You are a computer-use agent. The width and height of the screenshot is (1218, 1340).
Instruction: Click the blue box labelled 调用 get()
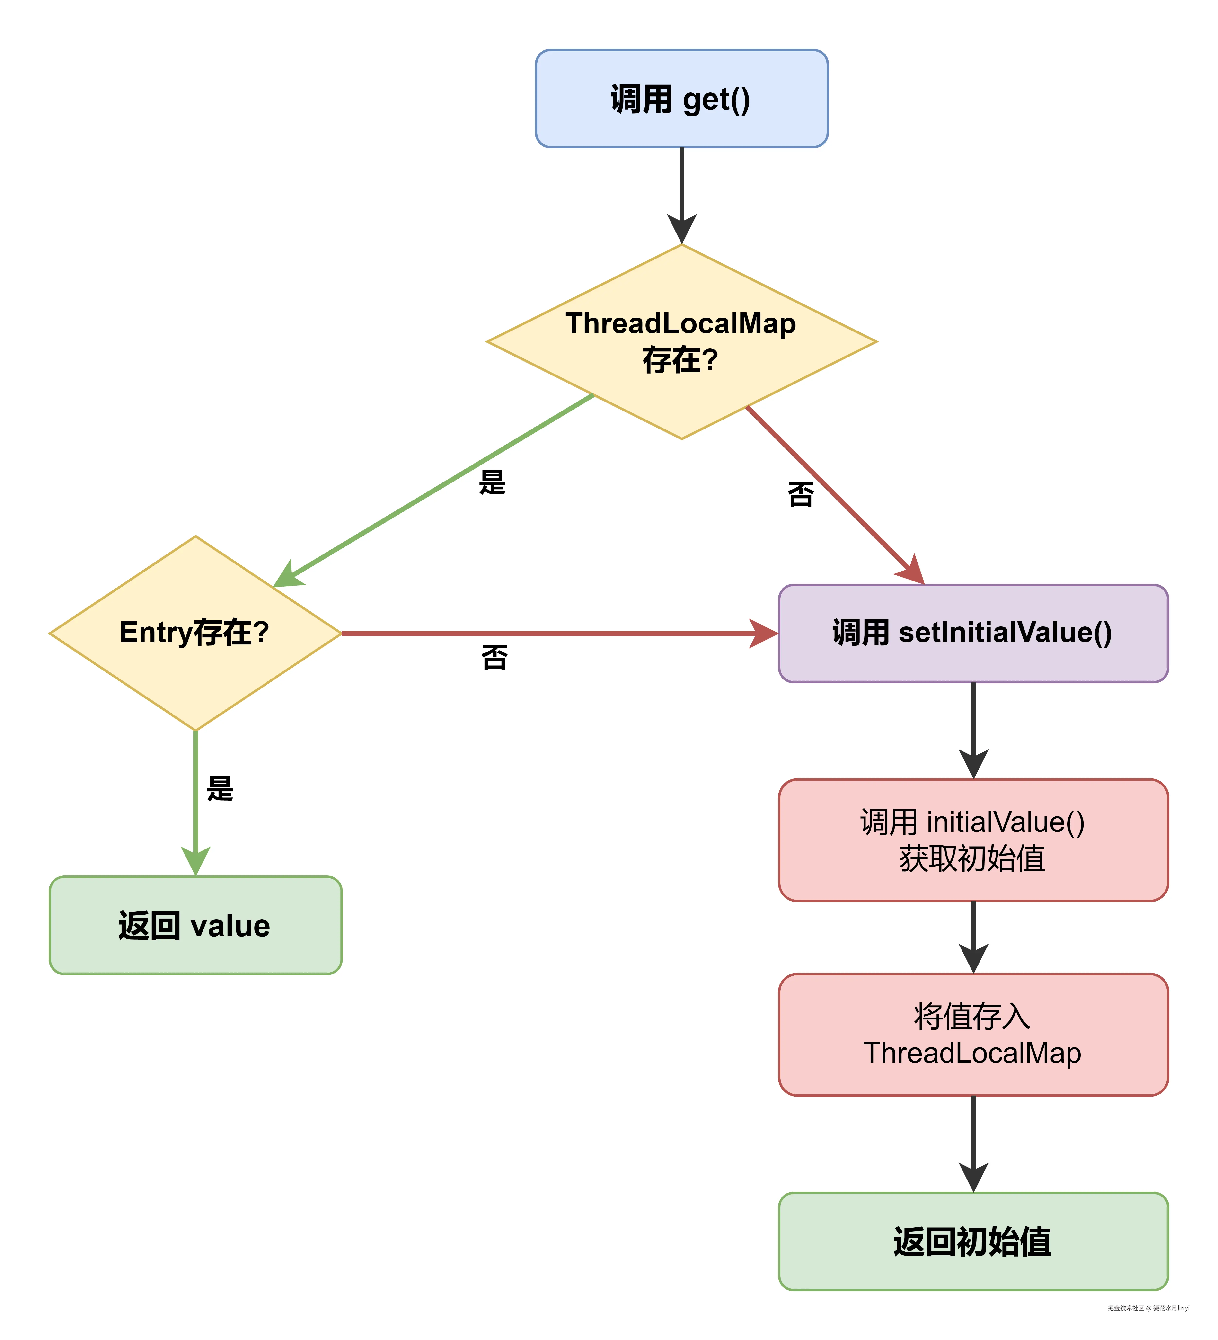[x=681, y=98]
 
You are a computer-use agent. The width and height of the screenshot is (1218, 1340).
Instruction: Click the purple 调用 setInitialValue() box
[x=973, y=633]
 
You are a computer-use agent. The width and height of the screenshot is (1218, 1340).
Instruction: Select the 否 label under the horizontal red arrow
[x=494, y=657]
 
